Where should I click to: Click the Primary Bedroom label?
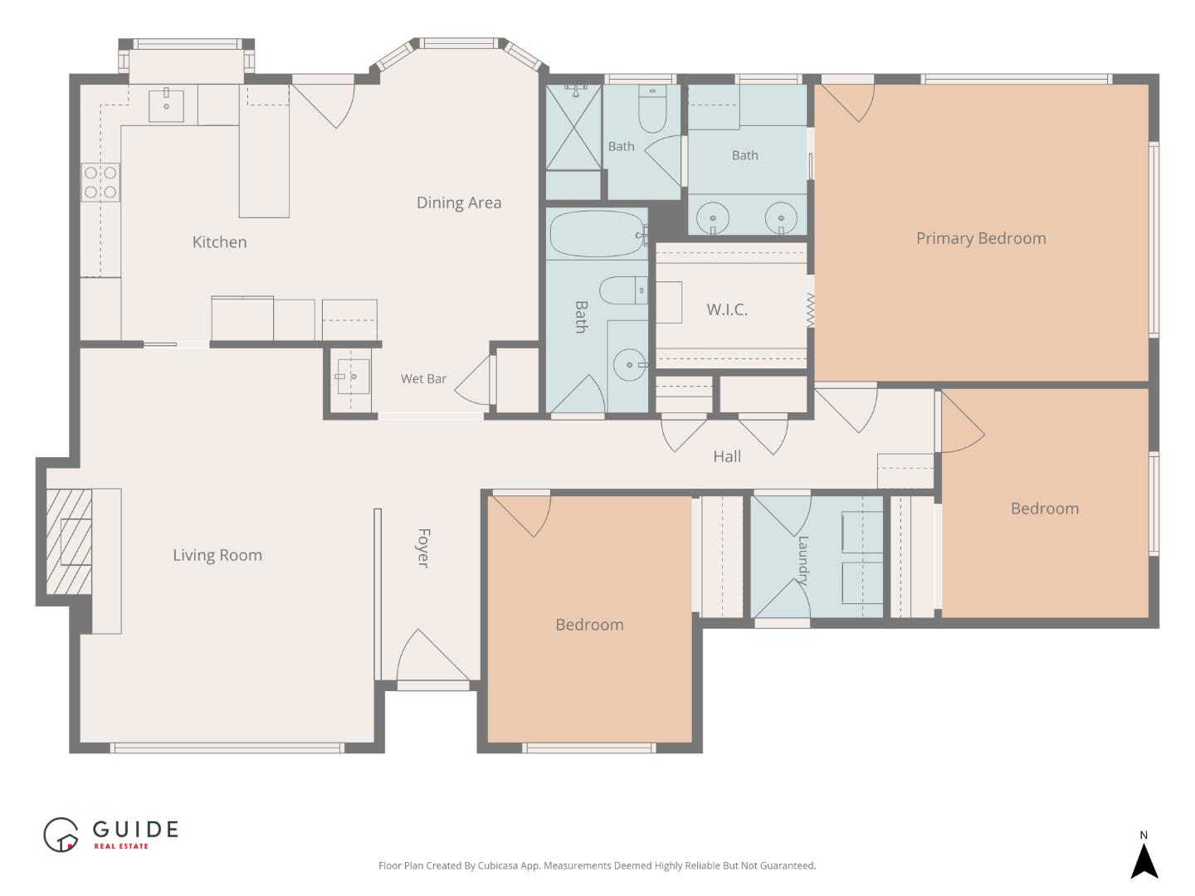coord(981,238)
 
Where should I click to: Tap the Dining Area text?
coord(458,203)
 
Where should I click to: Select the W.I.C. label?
coord(727,309)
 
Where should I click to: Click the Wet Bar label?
coord(423,378)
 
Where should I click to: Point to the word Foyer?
coord(423,548)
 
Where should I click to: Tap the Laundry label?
coord(802,560)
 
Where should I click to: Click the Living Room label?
coord(217,556)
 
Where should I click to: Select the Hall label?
coord(727,456)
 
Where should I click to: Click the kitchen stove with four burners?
coord(100,183)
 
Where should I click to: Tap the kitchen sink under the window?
coord(166,105)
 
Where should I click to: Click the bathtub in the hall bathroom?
coord(597,233)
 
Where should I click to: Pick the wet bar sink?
coord(353,376)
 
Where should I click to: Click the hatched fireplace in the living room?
coord(69,541)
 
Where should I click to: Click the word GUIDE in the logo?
coord(135,829)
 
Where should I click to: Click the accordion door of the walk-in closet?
coord(810,310)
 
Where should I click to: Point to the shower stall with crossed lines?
coord(573,127)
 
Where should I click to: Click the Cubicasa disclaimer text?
coord(597,865)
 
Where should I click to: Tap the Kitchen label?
coord(219,242)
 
